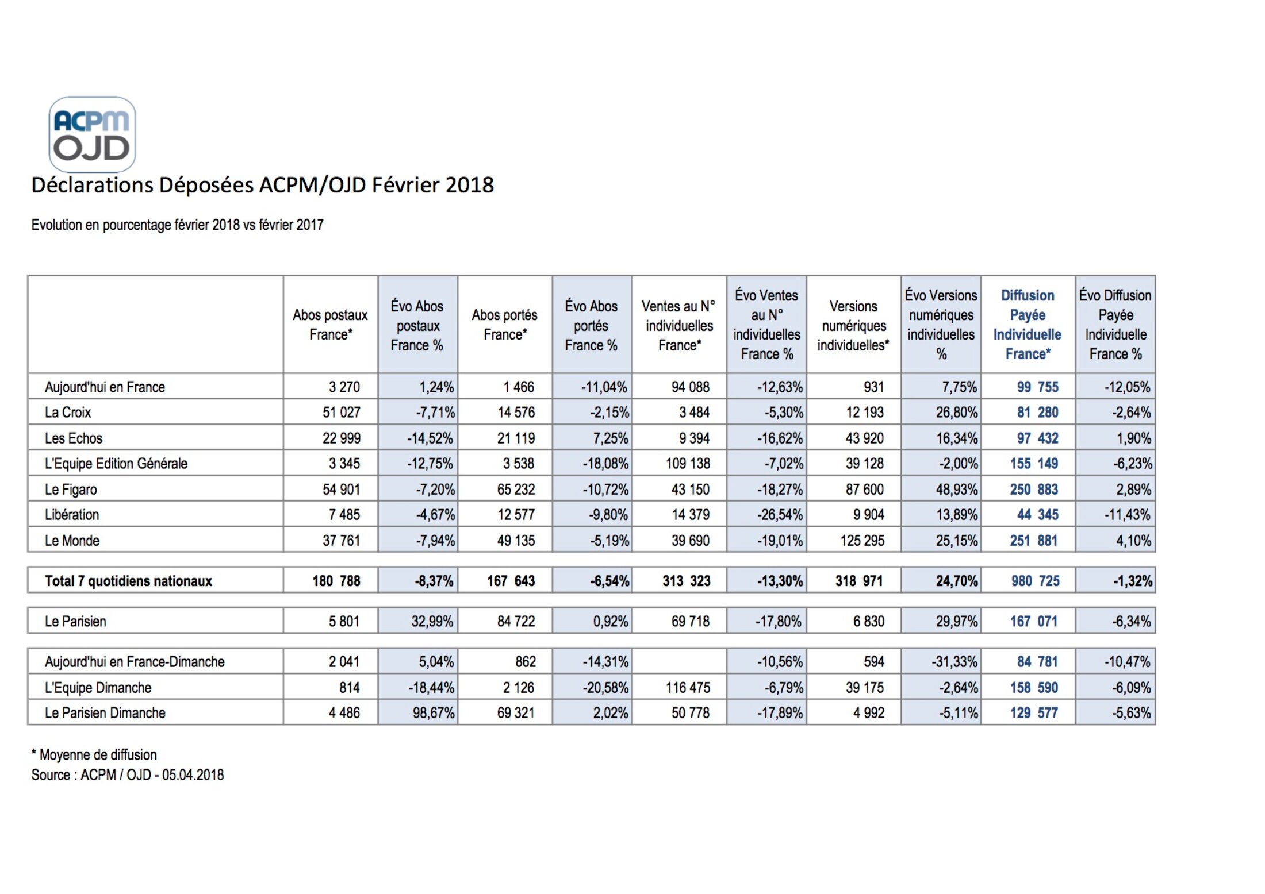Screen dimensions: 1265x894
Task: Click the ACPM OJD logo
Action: point(92,134)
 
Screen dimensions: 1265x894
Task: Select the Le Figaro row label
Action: point(71,490)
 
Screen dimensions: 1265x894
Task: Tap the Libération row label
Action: point(72,515)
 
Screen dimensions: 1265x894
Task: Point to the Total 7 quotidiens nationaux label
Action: point(128,581)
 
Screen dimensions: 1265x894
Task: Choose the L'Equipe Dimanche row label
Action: point(98,688)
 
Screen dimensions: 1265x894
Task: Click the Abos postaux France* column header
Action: point(330,325)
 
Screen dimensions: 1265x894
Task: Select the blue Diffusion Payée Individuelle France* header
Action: point(1028,325)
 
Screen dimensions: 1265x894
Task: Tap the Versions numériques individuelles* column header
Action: point(853,326)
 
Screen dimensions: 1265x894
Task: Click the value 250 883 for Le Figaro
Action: point(1034,490)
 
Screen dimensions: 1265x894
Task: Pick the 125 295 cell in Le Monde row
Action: point(862,541)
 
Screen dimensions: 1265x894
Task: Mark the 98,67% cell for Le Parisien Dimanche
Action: point(434,713)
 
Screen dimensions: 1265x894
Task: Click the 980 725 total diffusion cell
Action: point(1035,581)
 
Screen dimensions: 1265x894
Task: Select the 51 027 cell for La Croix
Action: point(342,413)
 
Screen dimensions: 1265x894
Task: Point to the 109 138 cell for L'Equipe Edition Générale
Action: point(688,464)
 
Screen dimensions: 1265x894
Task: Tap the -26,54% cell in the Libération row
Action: point(780,515)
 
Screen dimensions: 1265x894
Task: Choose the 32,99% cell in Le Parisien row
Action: point(432,622)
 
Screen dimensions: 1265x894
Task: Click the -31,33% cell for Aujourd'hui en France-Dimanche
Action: point(954,662)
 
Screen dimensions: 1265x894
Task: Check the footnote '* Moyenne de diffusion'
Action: point(94,755)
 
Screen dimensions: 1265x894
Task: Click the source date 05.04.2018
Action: point(193,775)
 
